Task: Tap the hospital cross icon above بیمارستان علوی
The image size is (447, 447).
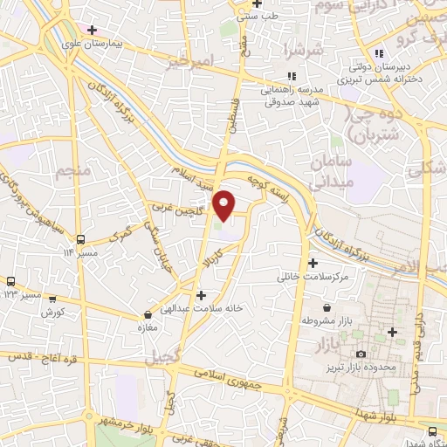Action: click(92, 30)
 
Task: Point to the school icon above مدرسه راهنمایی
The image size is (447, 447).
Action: click(291, 76)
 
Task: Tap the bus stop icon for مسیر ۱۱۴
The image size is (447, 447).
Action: click(80, 238)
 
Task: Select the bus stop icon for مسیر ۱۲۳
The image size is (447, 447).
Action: click(11, 281)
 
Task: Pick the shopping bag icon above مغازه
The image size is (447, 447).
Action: click(146, 315)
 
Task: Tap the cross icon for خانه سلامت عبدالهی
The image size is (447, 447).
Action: click(202, 295)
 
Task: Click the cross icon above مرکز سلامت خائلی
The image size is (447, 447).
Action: click(313, 263)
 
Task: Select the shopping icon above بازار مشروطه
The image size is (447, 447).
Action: click(326, 308)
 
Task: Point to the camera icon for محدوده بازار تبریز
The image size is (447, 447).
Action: click(361, 353)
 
